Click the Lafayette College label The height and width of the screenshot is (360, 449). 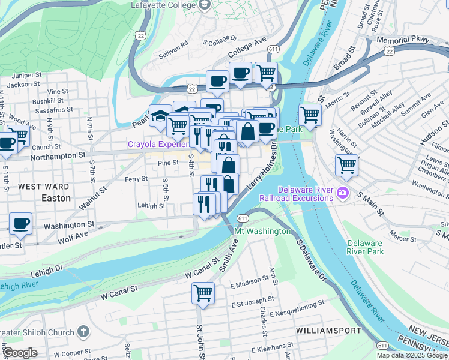tap(163, 5)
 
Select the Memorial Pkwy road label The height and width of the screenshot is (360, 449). tap(403, 40)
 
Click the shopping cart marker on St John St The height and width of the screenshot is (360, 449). tap(203, 293)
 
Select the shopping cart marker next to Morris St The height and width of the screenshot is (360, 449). tap(310, 114)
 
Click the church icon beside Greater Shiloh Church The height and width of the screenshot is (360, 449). tap(83, 331)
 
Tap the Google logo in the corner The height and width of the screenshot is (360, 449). tap(20, 353)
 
